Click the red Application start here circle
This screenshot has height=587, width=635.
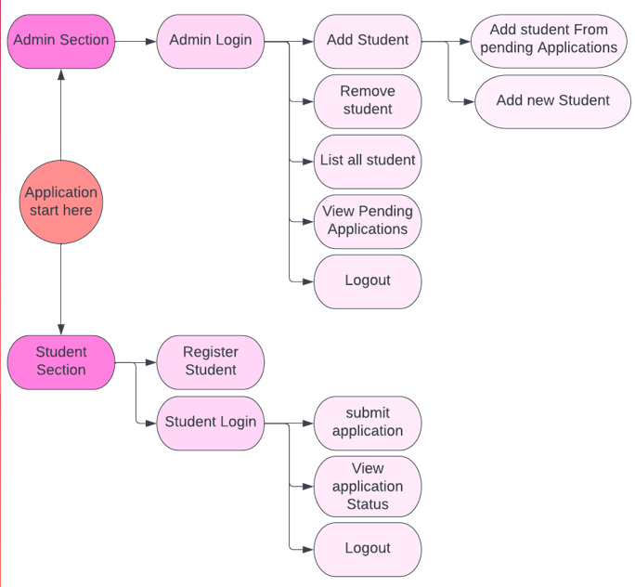(x=60, y=202)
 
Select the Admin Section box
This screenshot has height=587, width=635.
(x=60, y=41)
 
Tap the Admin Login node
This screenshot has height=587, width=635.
(x=210, y=41)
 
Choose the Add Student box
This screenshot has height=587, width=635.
(x=368, y=41)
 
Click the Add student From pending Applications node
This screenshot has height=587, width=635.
(x=549, y=39)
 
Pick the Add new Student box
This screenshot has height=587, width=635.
(x=552, y=100)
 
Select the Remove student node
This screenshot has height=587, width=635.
(x=368, y=100)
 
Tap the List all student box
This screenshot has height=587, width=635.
(x=368, y=161)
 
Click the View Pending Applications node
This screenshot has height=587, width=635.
(x=368, y=221)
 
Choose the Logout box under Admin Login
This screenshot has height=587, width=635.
(x=368, y=280)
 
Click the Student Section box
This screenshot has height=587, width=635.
(x=60, y=361)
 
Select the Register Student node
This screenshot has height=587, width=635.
(x=210, y=361)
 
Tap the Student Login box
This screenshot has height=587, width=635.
(x=210, y=423)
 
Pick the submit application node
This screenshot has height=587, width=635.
(x=368, y=423)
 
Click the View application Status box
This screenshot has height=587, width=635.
(x=368, y=486)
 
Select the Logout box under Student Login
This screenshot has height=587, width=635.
(x=368, y=548)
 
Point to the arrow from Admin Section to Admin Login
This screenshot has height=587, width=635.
(x=135, y=41)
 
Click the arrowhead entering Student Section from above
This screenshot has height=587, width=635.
(x=60, y=329)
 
